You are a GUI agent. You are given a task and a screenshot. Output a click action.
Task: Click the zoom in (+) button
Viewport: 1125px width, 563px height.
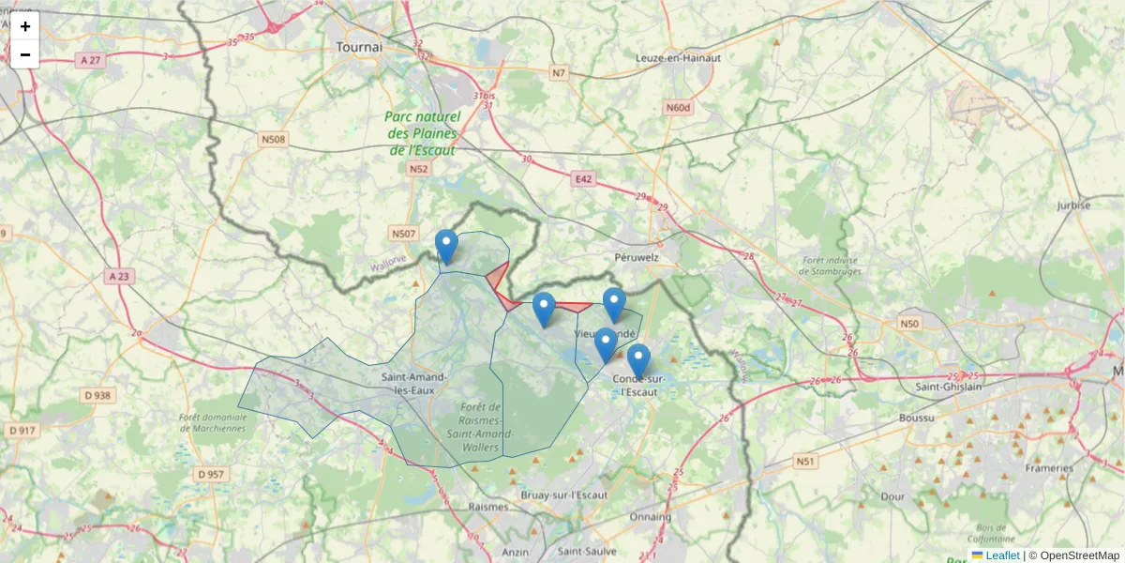coord(25,26)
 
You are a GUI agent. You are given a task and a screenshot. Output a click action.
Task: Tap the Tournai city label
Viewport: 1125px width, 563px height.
coord(360,46)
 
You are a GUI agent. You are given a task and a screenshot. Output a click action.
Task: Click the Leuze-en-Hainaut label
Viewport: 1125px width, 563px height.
coord(679,57)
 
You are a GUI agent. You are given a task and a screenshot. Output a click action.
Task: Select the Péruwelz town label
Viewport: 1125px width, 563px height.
coord(637,255)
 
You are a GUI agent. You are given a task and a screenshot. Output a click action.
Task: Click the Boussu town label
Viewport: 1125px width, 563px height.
coord(916,417)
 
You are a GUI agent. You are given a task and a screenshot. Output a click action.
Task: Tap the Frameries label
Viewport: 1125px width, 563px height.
coord(1048,467)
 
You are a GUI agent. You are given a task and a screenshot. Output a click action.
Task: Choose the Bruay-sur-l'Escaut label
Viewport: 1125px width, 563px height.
coord(564,495)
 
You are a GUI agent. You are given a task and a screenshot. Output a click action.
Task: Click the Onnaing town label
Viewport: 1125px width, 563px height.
coord(651,517)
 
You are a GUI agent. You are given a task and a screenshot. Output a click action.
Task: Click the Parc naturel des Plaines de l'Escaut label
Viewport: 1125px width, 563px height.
coord(423,133)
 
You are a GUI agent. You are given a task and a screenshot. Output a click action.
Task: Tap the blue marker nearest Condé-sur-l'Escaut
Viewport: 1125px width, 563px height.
coord(638,360)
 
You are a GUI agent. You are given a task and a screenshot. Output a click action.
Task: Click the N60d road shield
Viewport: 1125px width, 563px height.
coord(678,108)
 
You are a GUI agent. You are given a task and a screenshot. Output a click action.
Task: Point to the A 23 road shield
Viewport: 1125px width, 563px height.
coord(119,276)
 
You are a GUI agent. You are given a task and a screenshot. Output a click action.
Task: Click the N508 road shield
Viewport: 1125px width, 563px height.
coord(273,140)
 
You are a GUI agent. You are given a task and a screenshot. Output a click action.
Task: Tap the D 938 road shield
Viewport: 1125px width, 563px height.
coord(97,395)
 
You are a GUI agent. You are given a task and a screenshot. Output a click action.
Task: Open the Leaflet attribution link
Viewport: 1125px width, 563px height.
coord(1002,555)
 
